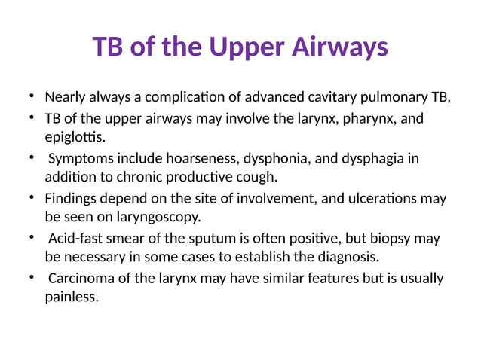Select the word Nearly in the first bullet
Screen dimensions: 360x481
[66, 97]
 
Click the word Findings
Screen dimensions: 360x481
[71, 199]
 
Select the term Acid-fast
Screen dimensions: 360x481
[76, 239]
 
